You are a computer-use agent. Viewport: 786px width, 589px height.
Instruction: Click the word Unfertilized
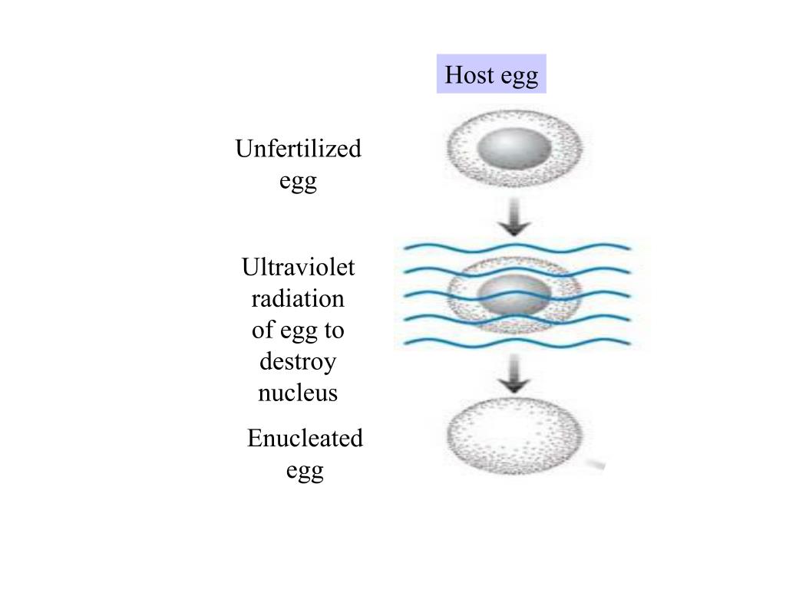[x=298, y=148]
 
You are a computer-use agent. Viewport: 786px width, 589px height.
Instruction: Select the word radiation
[x=298, y=298]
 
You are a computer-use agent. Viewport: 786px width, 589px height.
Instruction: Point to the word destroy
[x=298, y=361]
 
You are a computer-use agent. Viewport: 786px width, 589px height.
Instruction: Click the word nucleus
[x=298, y=393]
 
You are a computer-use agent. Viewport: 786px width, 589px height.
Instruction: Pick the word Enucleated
[x=305, y=439]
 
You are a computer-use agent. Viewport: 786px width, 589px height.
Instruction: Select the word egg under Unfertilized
[x=298, y=182]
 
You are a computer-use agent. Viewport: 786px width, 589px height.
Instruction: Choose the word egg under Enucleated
[x=305, y=471]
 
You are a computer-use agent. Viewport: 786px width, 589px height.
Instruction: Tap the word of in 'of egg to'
[x=263, y=330]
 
